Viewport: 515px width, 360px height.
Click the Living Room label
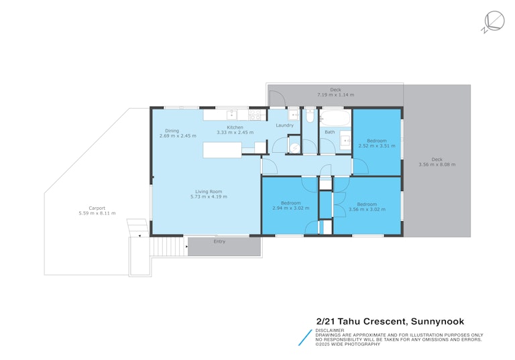click(209, 192)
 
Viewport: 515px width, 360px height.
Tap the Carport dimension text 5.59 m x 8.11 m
click(97, 213)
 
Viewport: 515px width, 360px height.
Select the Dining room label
click(172, 131)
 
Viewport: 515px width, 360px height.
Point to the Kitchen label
click(235, 127)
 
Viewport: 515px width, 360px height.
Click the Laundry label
click(284, 125)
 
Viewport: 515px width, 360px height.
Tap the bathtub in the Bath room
click(335, 118)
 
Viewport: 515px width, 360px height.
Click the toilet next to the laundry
click(310, 115)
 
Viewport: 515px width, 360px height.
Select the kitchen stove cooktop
click(255, 115)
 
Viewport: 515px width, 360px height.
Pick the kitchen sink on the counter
click(232, 115)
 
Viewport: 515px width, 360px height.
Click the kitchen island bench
click(223, 149)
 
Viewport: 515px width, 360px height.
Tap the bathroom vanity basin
click(345, 140)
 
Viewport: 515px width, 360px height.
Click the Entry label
click(219, 241)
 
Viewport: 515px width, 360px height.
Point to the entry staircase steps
click(166, 247)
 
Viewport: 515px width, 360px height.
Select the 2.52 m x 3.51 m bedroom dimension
click(377, 146)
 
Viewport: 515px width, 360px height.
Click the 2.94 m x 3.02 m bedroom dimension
click(290, 208)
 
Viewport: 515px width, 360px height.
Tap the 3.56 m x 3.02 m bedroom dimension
click(367, 209)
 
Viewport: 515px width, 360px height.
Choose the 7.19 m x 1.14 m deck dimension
click(336, 95)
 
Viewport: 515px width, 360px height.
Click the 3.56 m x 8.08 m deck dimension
click(437, 164)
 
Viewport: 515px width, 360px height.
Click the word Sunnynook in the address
click(437, 321)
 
